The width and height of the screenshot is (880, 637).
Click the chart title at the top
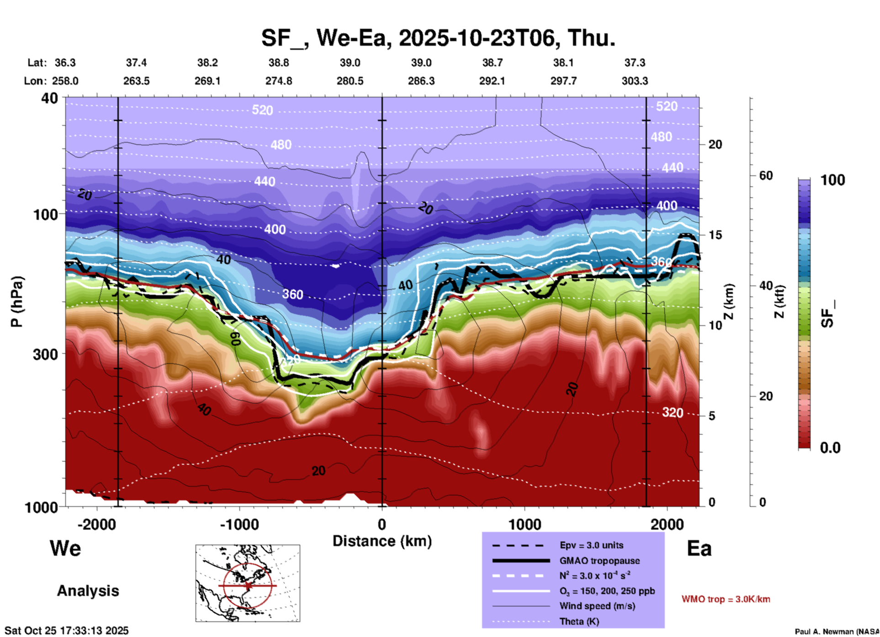[438, 37]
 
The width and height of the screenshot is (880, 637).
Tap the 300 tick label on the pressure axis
[45, 354]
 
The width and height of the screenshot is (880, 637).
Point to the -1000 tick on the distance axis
[239, 524]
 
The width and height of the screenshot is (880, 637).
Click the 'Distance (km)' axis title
[382, 541]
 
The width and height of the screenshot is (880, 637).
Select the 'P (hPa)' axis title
[16, 301]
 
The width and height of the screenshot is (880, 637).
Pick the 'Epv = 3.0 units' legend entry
[591, 545]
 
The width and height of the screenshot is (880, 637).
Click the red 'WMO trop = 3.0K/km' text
[726, 599]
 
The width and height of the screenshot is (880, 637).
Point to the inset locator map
[248, 583]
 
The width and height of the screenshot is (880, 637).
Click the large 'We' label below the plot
[65, 548]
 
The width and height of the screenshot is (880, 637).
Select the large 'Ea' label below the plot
[699, 548]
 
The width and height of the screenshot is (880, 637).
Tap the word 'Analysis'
[88, 591]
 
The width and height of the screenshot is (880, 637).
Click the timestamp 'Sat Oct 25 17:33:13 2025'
[67, 631]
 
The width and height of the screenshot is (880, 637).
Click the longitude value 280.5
[350, 81]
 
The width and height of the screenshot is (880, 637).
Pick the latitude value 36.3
[65, 63]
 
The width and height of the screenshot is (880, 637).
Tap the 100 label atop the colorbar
[832, 180]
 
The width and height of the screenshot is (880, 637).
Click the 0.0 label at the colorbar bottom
[830, 448]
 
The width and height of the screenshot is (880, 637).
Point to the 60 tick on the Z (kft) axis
[766, 175]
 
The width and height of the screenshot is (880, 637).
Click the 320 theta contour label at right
[673, 413]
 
